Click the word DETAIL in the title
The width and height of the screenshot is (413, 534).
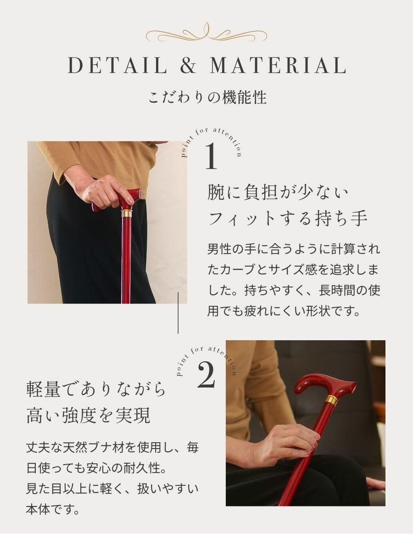[117, 66]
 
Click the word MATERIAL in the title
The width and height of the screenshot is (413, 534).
[278, 66]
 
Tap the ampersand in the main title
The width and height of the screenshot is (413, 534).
[188, 66]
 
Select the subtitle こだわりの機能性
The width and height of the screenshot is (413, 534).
[207, 98]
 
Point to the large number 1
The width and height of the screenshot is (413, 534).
[211, 157]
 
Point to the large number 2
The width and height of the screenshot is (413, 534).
[206, 375]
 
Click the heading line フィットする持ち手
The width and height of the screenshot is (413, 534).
[288, 218]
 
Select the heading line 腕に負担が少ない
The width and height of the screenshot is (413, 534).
[278, 192]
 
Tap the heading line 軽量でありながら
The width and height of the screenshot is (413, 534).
[96, 390]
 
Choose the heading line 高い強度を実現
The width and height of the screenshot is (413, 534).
[88, 416]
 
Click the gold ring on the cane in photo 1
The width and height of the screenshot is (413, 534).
[126, 214]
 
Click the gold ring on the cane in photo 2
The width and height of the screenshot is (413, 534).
[331, 400]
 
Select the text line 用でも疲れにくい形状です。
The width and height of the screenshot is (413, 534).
[282, 311]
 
